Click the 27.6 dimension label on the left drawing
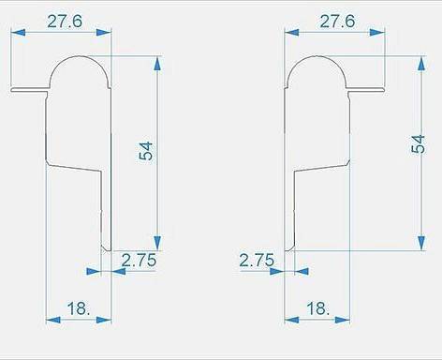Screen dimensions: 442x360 [65, 22]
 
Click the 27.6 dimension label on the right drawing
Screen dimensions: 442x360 [337, 22]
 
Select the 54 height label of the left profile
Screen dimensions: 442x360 [146, 151]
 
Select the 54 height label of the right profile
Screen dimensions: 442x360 [418, 144]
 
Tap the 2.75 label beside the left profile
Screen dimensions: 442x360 [139, 260]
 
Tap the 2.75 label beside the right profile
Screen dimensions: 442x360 [257, 260]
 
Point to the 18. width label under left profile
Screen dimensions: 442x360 [79, 308]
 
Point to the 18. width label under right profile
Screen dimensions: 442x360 [317, 308]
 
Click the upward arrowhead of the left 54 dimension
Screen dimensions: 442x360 [157, 64]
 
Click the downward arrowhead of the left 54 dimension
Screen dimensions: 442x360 [157, 243]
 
